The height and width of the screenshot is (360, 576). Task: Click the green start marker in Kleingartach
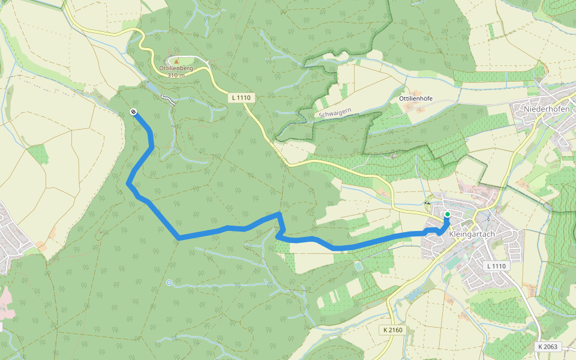(447, 214)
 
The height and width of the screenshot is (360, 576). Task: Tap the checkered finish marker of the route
(133, 112)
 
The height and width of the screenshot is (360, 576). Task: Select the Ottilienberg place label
(176, 68)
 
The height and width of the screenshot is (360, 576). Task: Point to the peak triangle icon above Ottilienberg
(176, 60)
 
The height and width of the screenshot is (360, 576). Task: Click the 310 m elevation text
(176, 76)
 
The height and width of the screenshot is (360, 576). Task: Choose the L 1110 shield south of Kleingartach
(497, 266)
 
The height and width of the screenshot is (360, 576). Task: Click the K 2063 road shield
(548, 347)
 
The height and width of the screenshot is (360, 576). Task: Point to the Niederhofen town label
(547, 109)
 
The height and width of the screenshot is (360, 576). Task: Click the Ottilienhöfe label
(416, 98)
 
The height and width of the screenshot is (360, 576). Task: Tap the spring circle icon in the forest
(169, 282)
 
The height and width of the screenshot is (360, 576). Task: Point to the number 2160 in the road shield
(397, 330)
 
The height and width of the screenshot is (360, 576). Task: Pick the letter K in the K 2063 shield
(541, 347)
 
